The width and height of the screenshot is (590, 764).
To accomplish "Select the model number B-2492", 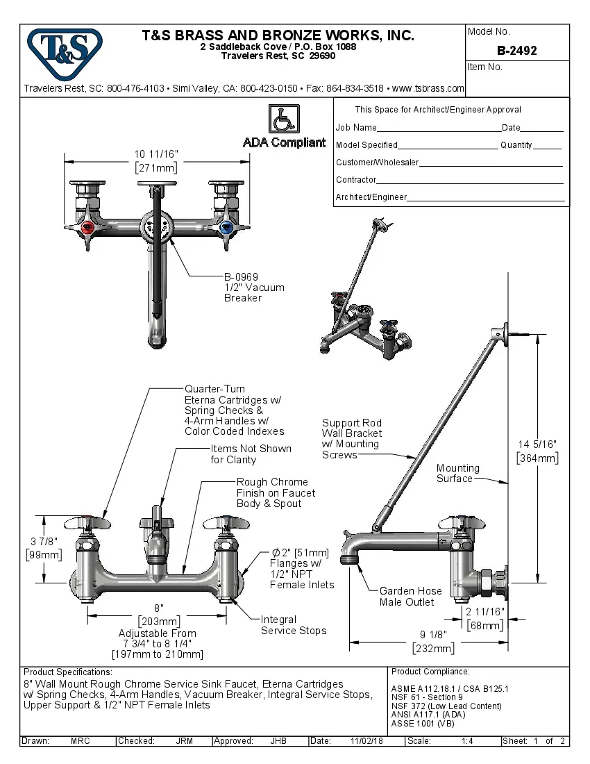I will [x=516, y=51].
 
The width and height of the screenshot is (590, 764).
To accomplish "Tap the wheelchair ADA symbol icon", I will [x=283, y=119].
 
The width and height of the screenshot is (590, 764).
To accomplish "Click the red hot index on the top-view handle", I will [x=87, y=227].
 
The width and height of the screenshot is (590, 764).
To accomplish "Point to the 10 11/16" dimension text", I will [x=156, y=154].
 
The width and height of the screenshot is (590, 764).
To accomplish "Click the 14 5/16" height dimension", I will [x=538, y=444].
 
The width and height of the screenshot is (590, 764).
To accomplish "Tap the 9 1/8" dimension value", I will [x=433, y=634].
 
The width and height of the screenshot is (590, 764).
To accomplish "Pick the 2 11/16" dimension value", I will [x=484, y=611].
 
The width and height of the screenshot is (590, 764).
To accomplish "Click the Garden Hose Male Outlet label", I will [x=410, y=597].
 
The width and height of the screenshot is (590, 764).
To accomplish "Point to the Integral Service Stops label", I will [x=293, y=625].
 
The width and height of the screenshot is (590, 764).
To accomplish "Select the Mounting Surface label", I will [x=457, y=473].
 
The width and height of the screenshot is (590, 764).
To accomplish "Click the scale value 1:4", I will [x=467, y=741].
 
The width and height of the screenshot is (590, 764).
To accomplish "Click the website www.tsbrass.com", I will [x=428, y=88].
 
